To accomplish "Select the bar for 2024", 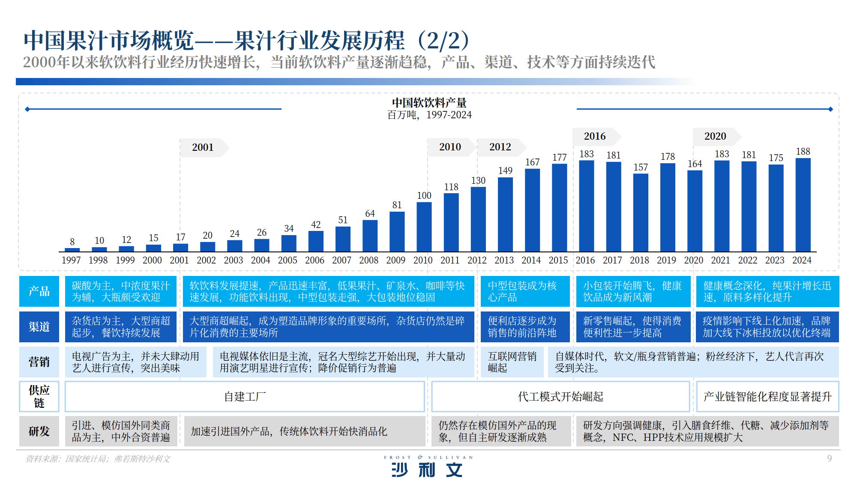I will coord(803,205).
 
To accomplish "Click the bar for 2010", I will coord(424,227).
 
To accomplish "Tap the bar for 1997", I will coord(72,249).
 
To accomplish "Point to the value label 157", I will coord(641,168).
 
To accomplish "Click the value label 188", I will coord(803,152).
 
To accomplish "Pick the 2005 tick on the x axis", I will coord(288,260).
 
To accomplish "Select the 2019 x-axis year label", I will coord(666,260).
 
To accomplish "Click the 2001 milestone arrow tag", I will coord(203,147).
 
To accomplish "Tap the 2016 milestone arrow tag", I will coord(595,136).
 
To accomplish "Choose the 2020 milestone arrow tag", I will coord(716,136).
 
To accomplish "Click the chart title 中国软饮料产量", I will coord(429,103).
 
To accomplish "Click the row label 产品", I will coord(39,291).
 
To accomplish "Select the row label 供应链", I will coord(39,396).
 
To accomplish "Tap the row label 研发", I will coord(39,431).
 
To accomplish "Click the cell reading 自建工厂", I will coord(245,396).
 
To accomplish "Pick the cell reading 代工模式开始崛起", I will coord(560,396).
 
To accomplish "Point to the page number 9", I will coord(829,458).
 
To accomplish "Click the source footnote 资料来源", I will coord(98,459).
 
